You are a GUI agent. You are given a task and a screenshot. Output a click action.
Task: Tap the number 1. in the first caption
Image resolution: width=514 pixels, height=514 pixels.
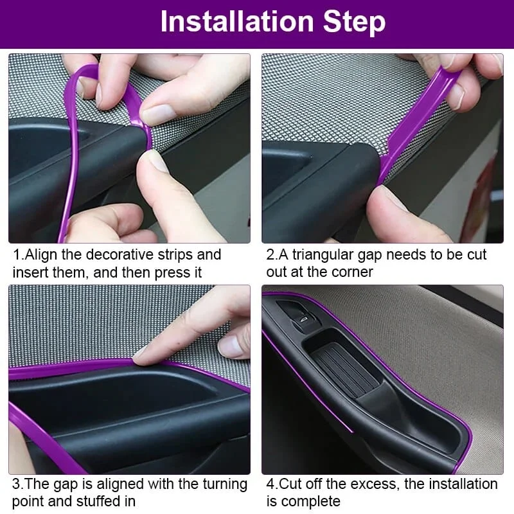(x=18, y=254)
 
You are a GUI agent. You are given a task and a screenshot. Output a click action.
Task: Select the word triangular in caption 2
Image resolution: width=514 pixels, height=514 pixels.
(x=323, y=254)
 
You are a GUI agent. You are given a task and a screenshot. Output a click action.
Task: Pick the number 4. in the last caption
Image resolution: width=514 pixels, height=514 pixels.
(x=272, y=484)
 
